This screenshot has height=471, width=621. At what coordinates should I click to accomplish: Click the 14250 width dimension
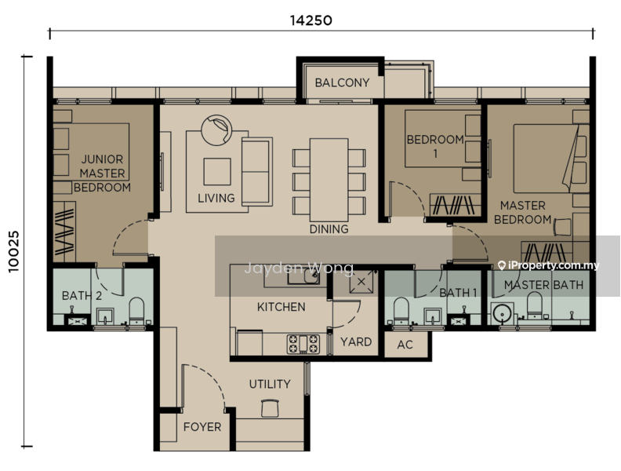click(x=311, y=20)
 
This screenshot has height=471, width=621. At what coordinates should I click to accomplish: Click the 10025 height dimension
click(x=13, y=251)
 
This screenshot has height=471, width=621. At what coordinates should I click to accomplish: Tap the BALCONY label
click(x=342, y=82)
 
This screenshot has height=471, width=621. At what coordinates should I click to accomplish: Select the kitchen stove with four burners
click(x=303, y=344)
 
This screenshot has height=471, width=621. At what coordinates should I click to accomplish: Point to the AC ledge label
click(x=405, y=345)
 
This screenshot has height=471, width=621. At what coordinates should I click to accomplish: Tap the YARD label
click(x=356, y=341)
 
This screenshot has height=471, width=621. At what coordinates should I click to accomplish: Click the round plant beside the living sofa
click(x=216, y=130)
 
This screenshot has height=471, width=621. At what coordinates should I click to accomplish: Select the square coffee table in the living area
click(x=217, y=172)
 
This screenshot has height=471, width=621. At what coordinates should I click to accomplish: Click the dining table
click(x=329, y=180)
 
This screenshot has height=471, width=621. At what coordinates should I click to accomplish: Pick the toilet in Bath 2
click(x=137, y=311)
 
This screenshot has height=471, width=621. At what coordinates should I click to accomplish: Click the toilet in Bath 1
click(x=401, y=311)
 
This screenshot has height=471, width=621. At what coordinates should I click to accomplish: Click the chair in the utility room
click(x=271, y=408)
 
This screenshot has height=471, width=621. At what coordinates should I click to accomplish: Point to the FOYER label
click(x=202, y=426)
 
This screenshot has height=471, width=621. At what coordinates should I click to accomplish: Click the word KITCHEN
click(x=281, y=306)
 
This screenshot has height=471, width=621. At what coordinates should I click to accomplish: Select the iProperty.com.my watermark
click(x=549, y=265)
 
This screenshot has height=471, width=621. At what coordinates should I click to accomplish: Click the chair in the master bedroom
click(x=562, y=227)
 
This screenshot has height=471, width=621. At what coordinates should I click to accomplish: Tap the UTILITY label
click(x=270, y=384)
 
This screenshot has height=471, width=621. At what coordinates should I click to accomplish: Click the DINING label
click(x=329, y=228)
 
